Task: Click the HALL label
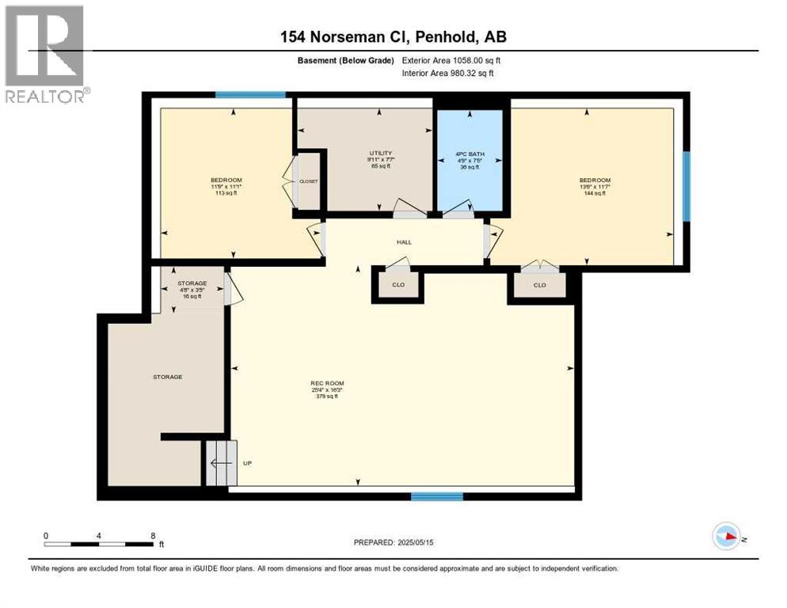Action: [x=405, y=242]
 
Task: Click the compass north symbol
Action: [x=726, y=536]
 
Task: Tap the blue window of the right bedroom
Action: [x=686, y=187]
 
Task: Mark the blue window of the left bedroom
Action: [x=250, y=95]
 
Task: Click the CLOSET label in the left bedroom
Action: [x=308, y=181]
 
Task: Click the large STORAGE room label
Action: [x=167, y=377]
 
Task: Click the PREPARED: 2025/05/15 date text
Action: [x=393, y=542]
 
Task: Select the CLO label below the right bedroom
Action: [x=539, y=285]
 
